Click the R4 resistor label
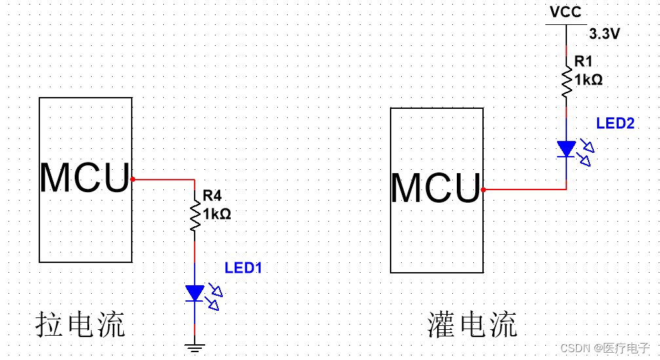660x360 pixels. (x=212, y=195)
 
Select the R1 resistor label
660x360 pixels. (x=583, y=61)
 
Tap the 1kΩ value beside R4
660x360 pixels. (x=217, y=214)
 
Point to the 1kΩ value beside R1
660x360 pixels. (x=588, y=79)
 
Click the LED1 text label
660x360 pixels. (x=243, y=268)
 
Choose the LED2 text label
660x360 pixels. (x=615, y=123)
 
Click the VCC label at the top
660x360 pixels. (x=566, y=12)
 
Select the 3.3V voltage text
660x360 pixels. (x=604, y=34)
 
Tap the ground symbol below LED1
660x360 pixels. (x=195, y=347)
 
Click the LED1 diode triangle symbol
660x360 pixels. (x=195, y=293)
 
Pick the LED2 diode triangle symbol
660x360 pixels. (x=566, y=149)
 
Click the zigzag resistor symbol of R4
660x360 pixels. (x=195, y=216)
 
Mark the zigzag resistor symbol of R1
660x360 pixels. (x=566, y=81)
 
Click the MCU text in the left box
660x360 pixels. (x=85, y=178)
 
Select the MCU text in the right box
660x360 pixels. (x=436, y=188)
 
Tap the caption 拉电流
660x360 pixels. (x=80, y=325)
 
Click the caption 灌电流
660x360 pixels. (x=472, y=325)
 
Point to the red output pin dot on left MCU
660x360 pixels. (x=132, y=178)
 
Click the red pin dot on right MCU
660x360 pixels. (x=483, y=190)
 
